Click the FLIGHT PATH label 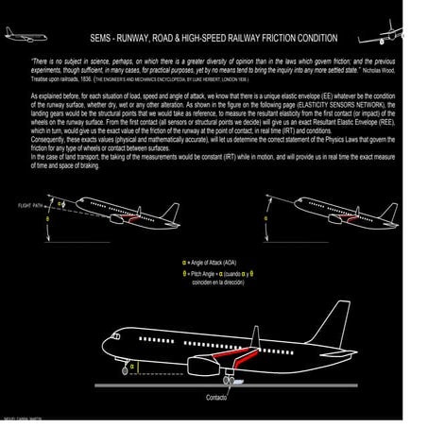pyautogui.click(x=31, y=205)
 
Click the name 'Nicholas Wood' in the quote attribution pyautogui.click(x=384, y=69)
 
